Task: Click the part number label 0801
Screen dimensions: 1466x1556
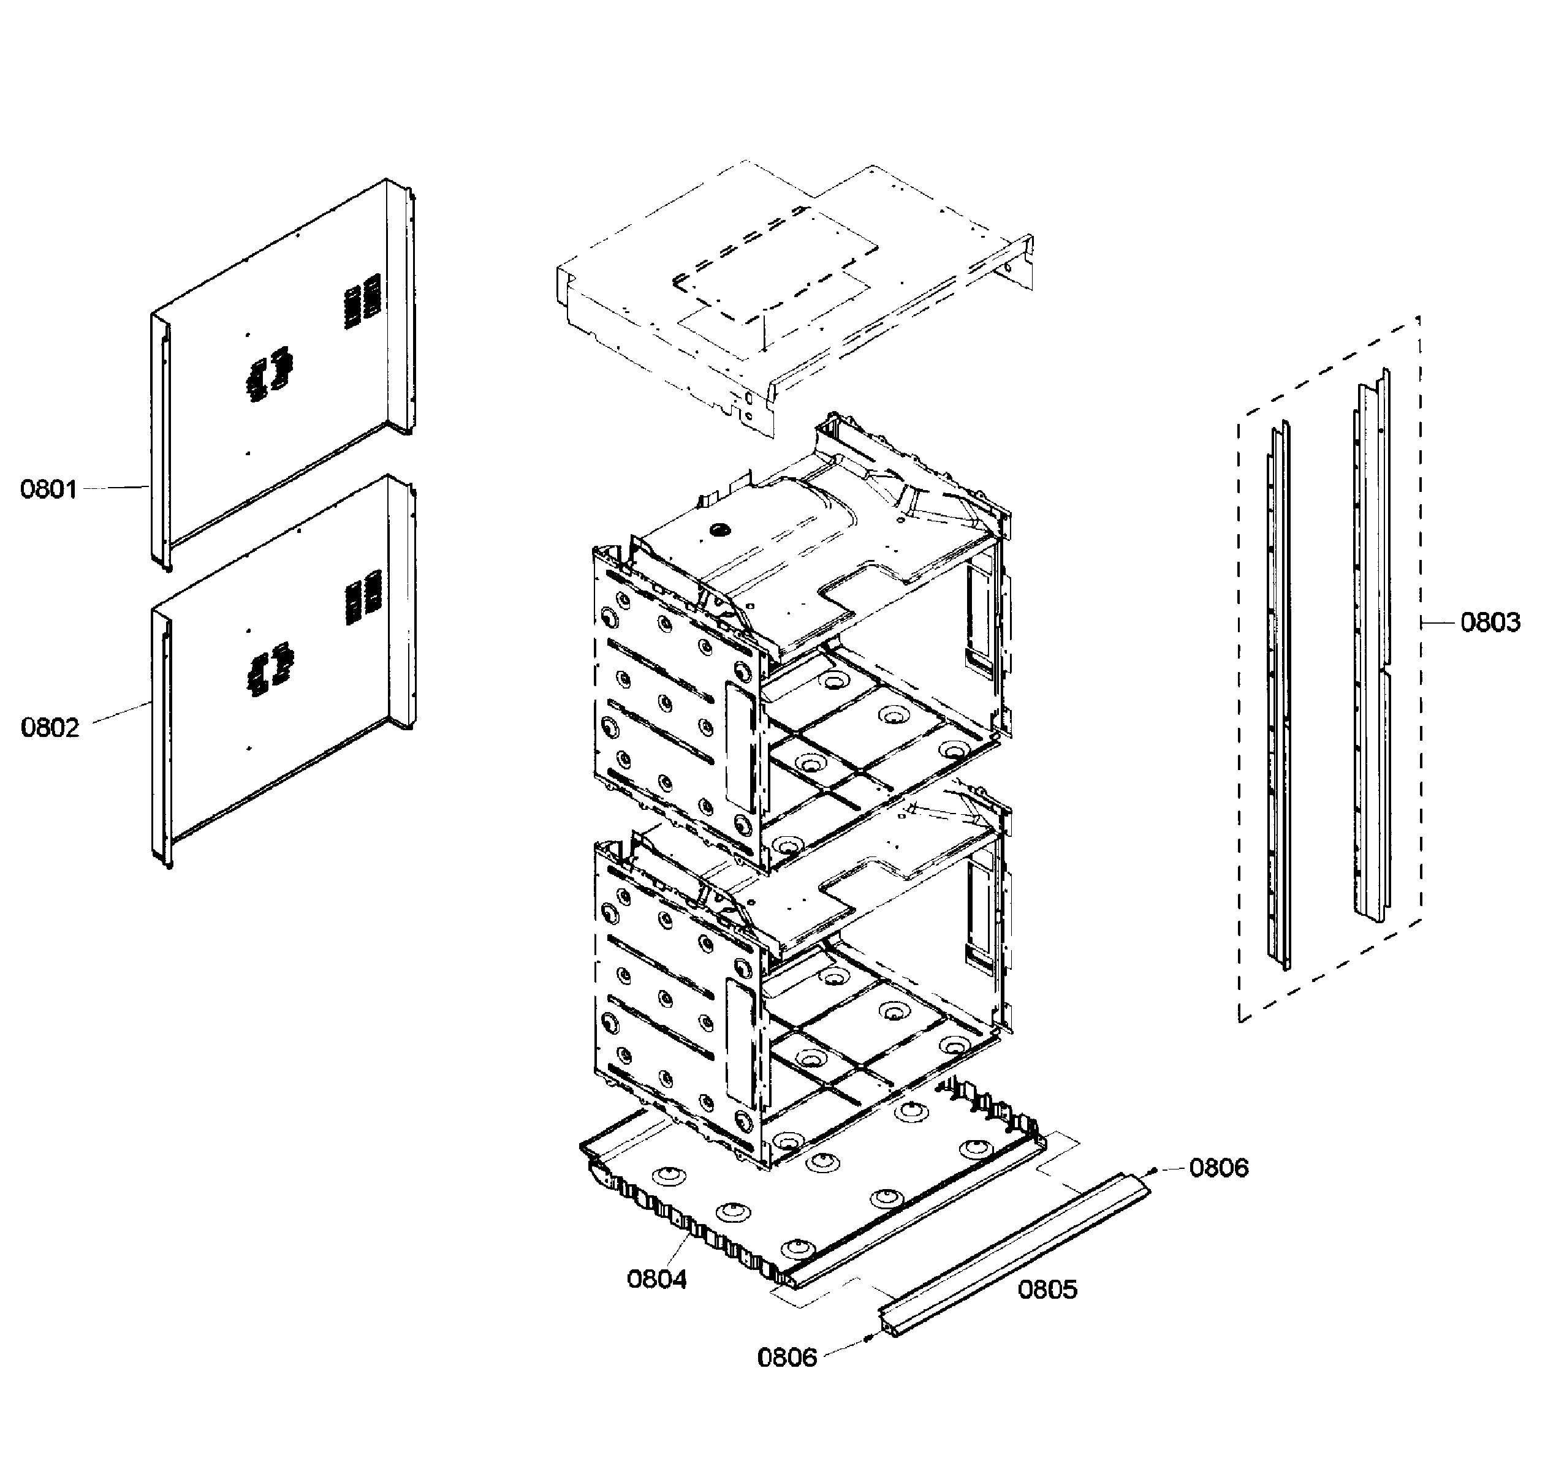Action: (48, 489)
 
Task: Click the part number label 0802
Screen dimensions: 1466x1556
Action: (50, 728)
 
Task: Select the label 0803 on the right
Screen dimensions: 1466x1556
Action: (1490, 622)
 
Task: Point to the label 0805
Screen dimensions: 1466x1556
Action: (1047, 1289)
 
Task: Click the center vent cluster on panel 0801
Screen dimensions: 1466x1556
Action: (268, 374)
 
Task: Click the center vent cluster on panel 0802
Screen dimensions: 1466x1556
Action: (268, 670)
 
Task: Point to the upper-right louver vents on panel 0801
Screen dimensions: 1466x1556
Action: (363, 300)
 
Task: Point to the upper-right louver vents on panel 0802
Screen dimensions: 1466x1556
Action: (363, 596)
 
